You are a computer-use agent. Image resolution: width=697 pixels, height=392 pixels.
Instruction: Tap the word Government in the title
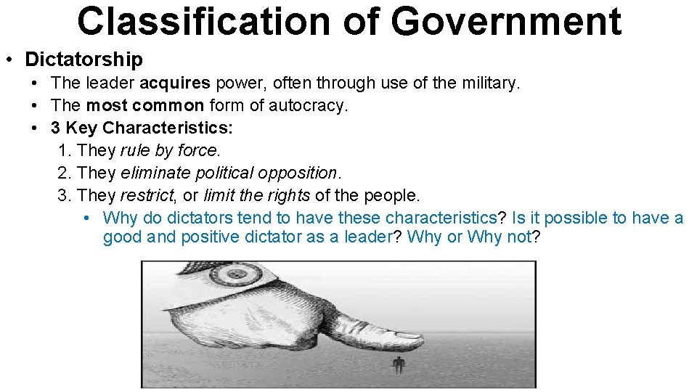[506, 22]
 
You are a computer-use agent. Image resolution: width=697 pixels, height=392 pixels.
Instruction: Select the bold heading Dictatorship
[83, 59]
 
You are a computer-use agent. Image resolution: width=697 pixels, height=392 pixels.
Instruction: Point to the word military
[488, 83]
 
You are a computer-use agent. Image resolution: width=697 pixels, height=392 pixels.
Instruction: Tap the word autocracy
[308, 106]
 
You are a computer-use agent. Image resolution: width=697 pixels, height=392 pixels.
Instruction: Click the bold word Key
[81, 128]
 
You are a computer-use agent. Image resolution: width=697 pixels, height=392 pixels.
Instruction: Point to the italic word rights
[290, 196]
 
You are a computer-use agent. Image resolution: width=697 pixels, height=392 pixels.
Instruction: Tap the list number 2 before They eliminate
[62, 173]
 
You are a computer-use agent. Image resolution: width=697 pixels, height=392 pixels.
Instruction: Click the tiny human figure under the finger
[398, 364]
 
